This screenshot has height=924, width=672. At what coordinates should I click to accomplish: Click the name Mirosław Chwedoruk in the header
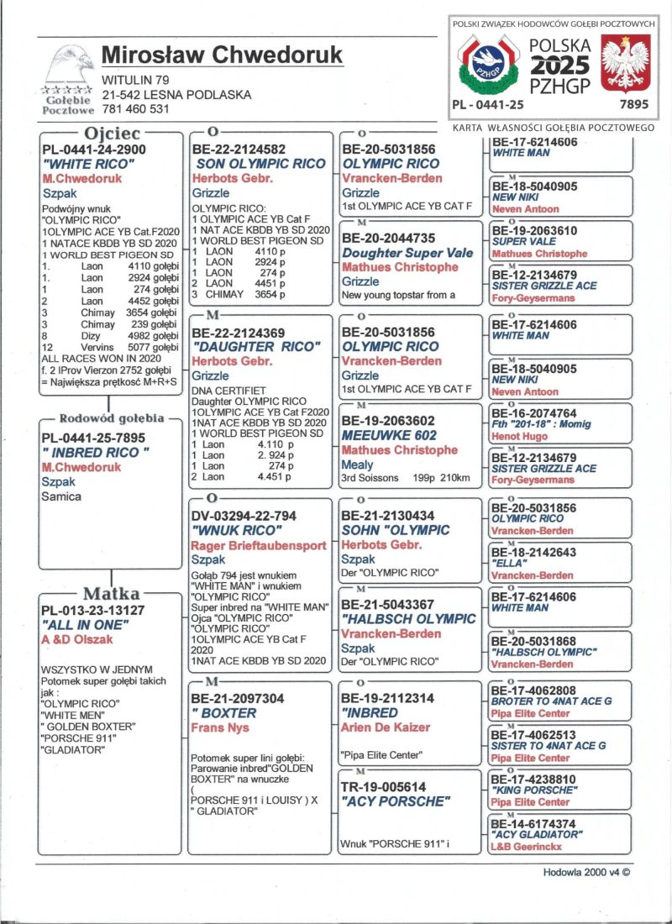[222, 55]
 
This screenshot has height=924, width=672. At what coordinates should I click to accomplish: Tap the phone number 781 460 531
[135, 108]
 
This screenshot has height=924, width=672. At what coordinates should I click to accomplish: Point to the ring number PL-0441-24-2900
[94, 150]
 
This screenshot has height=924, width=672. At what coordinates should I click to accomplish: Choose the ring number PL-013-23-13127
[92, 611]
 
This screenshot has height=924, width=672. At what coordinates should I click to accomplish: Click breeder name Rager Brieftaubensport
[260, 545]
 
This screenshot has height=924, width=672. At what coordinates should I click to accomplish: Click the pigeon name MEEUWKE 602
[389, 436]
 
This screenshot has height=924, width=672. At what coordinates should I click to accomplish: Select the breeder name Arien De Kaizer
[386, 727]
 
